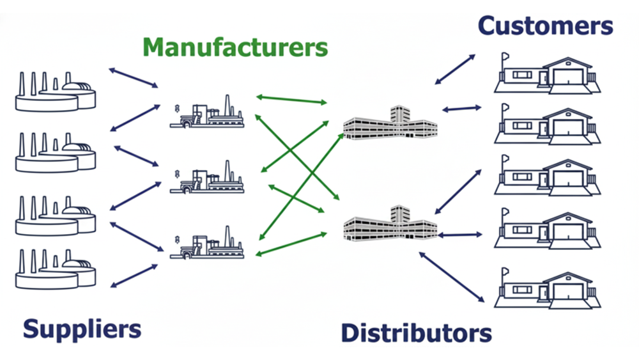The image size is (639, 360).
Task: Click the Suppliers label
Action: (x=82, y=329)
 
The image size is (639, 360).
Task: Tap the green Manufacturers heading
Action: (x=235, y=47)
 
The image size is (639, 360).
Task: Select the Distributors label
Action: (x=416, y=333)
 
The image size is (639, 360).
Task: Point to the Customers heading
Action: (x=545, y=26)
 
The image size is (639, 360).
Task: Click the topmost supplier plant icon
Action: (x=55, y=93)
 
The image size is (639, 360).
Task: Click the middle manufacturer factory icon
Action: (x=207, y=178)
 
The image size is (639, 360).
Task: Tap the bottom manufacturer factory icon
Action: (x=207, y=244)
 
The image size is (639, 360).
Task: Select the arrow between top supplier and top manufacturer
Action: (x=134, y=77)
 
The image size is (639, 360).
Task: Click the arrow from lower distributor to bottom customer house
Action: (x=452, y=276)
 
